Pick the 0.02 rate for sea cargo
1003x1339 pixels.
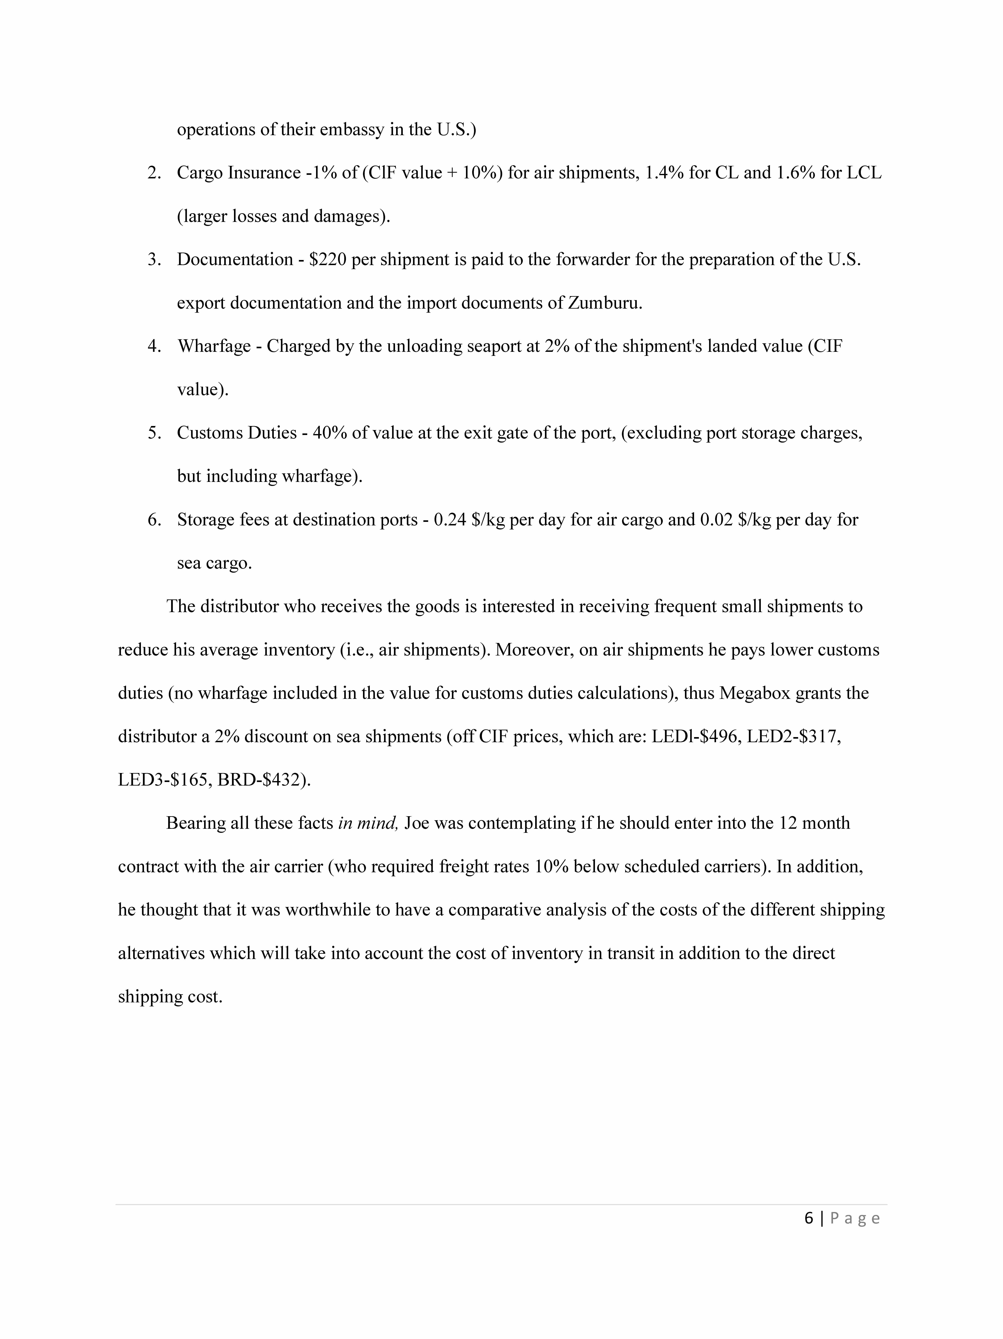tap(717, 519)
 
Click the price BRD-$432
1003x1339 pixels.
tap(263, 780)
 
